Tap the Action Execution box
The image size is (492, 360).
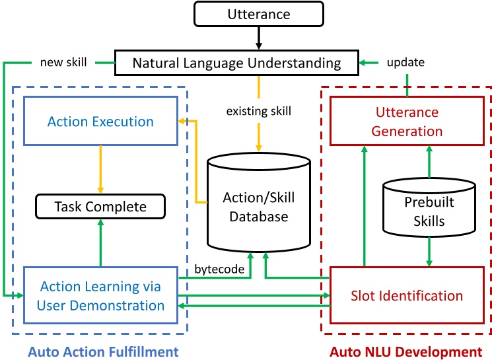point(101,122)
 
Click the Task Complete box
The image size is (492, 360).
point(101,207)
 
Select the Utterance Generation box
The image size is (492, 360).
point(406,122)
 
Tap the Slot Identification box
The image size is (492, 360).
point(406,295)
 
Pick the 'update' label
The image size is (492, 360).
point(406,62)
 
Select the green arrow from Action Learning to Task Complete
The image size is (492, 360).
point(101,243)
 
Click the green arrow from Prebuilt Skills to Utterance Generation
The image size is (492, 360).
point(429,162)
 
